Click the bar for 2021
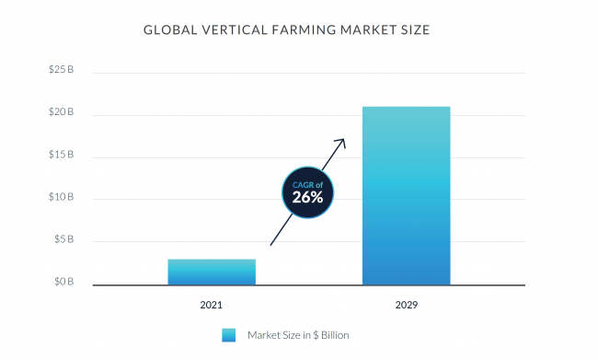click(211, 272)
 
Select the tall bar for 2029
click(406, 195)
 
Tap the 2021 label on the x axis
click(211, 303)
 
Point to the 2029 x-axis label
click(406, 303)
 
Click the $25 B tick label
click(61, 71)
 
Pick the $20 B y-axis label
click(61, 113)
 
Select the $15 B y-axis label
click(61, 156)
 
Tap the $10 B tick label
click(61, 198)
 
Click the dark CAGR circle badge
click(307, 192)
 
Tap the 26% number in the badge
click(307, 196)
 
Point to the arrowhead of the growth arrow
click(341, 142)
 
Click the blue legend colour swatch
click(229, 334)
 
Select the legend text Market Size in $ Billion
click(298, 334)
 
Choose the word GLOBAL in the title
click(169, 30)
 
